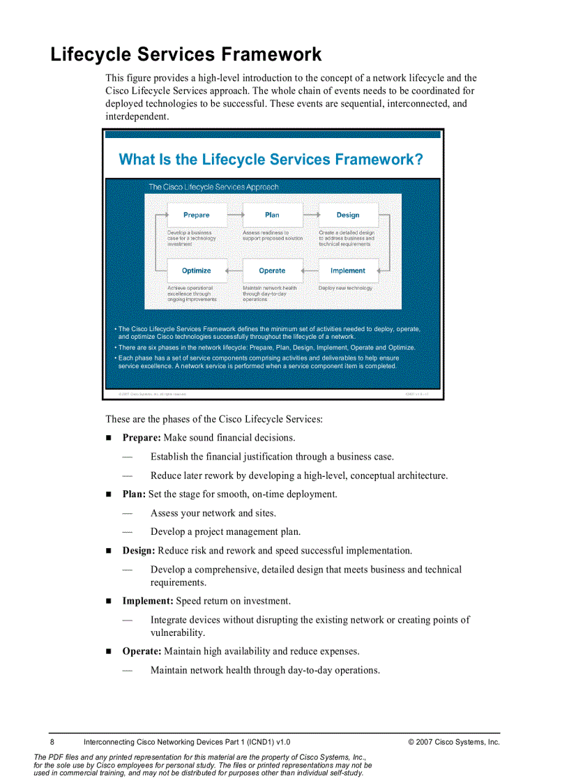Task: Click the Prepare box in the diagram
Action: tap(197, 215)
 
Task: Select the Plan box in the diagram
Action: tap(272, 215)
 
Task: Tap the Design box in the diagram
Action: tap(348, 215)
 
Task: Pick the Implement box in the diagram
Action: tap(348, 271)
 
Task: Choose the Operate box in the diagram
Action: tap(272, 271)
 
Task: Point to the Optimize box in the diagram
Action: tap(197, 271)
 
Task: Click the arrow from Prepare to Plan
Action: tap(234, 215)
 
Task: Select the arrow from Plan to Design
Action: tap(310, 215)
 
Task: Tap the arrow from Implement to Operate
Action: tap(310, 271)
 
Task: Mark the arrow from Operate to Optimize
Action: tap(234, 271)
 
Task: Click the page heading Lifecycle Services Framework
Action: tap(186, 54)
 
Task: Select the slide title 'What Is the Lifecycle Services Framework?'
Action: tap(271, 160)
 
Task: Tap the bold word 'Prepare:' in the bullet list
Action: tap(142, 438)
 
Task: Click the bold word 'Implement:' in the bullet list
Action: tap(148, 601)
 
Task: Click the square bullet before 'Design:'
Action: tap(109, 551)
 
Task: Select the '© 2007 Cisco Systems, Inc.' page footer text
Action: tap(454, 743)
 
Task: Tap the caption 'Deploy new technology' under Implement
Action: tap(345, 288)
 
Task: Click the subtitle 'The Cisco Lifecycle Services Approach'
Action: tap(213, 187)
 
